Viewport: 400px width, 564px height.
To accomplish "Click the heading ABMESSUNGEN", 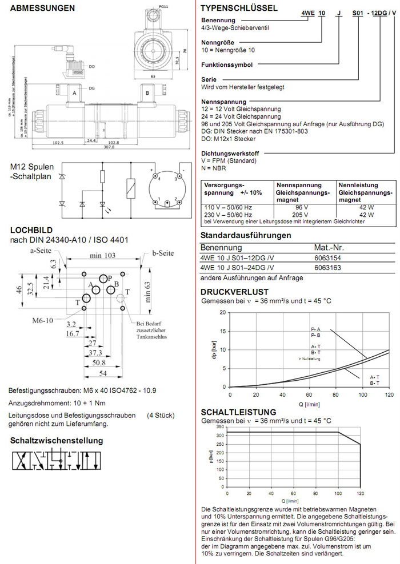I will pos(43,9).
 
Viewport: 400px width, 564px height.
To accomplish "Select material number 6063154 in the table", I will pos(329,258).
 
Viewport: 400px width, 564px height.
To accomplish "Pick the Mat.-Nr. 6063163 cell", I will pos(329,267).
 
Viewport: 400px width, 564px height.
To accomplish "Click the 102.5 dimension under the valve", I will pos(58,142).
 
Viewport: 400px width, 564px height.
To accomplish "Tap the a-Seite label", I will pos(41,250).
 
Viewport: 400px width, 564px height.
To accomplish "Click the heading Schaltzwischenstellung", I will pos(57,441).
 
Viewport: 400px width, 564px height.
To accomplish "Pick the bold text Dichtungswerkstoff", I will pos(229,154).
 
